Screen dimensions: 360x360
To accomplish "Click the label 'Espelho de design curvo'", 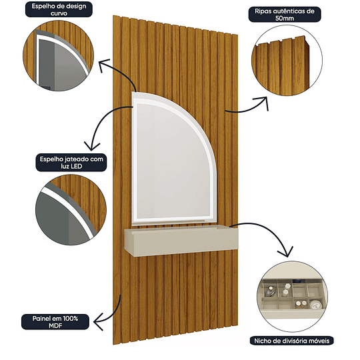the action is pyautogui.click(x=59, y=9).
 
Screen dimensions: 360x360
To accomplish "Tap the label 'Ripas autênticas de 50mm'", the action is pyautogui.click(x=285, y=15).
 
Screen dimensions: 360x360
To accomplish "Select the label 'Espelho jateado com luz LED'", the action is pyautogui.click(x=71, y=162).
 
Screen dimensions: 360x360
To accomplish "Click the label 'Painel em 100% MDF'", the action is pyautogui.click(x=55, y=322).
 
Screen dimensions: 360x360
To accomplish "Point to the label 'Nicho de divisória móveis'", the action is pyautogui.click(x=291, y=341).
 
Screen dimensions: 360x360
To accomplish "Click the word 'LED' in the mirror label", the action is pyautogui.click(x=77, y=166).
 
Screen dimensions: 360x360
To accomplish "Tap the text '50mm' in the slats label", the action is pyautogui.click(x=285, y=18).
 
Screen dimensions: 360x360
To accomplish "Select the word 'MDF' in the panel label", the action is pyautogui.click(x=55, y=325).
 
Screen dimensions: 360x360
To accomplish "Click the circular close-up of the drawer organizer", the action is pyautogui.click(x=293, y=297).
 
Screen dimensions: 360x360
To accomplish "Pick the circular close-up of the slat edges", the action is pyautogui.click(x=287, y=61).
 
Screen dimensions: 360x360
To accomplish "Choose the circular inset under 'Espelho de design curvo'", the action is pyautogui.click(x=58, y=55).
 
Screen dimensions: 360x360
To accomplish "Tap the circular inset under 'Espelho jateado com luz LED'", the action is pyautogui.click(x=71, y=210).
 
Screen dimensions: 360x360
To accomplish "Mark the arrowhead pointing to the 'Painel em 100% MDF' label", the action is pyautogui.click(x=97, y=322).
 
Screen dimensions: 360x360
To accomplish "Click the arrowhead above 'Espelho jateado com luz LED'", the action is pyautogui.click(x=92, y=147).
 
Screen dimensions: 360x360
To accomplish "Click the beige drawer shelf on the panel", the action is pyautogui.click(x=181, y=240).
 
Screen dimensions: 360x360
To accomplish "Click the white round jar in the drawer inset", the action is pyautogui.click(x=316, y=305).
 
